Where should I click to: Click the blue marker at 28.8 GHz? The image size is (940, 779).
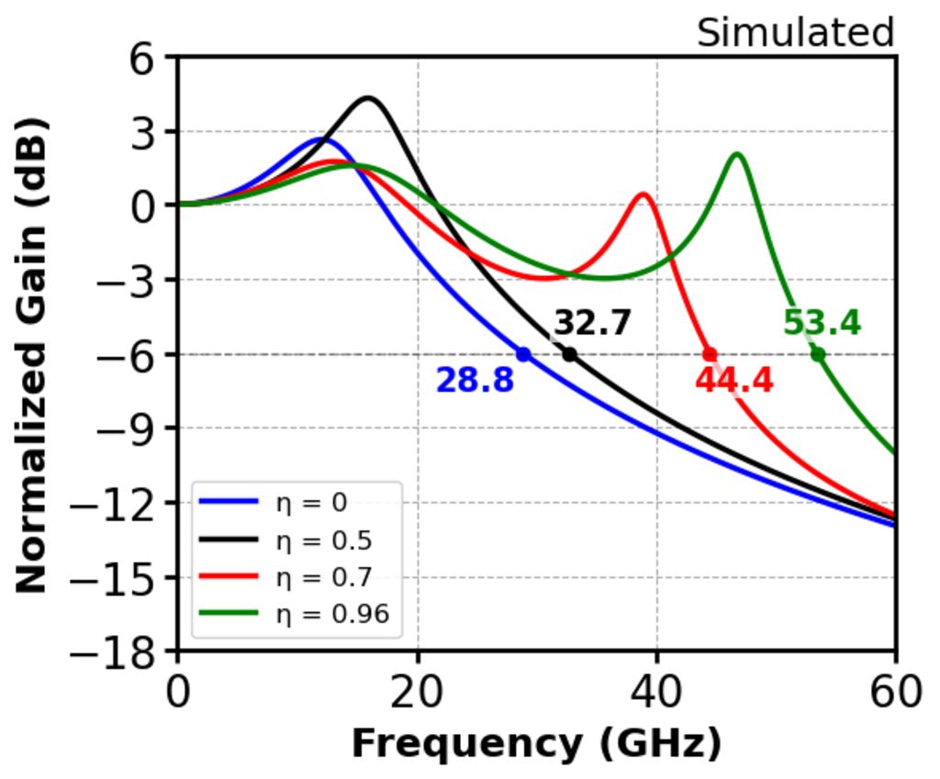point(523,354)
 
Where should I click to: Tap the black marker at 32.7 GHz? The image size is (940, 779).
point(569,354)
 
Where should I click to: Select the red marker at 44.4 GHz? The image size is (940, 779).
point(710,354)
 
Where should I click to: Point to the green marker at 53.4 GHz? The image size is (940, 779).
point(818,354)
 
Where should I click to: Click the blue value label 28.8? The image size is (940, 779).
point(475,380)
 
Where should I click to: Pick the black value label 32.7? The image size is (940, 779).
point(592,323)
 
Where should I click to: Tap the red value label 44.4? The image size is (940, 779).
point(734,380)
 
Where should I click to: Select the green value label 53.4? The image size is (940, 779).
point(822,323)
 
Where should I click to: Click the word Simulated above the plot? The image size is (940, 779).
point(795,34)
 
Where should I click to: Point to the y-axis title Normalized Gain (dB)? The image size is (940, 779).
point(32,354)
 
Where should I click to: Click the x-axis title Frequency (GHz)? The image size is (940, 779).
point(536,744)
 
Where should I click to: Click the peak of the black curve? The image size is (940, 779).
point(368,97)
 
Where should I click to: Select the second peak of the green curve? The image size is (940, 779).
point(737,154)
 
